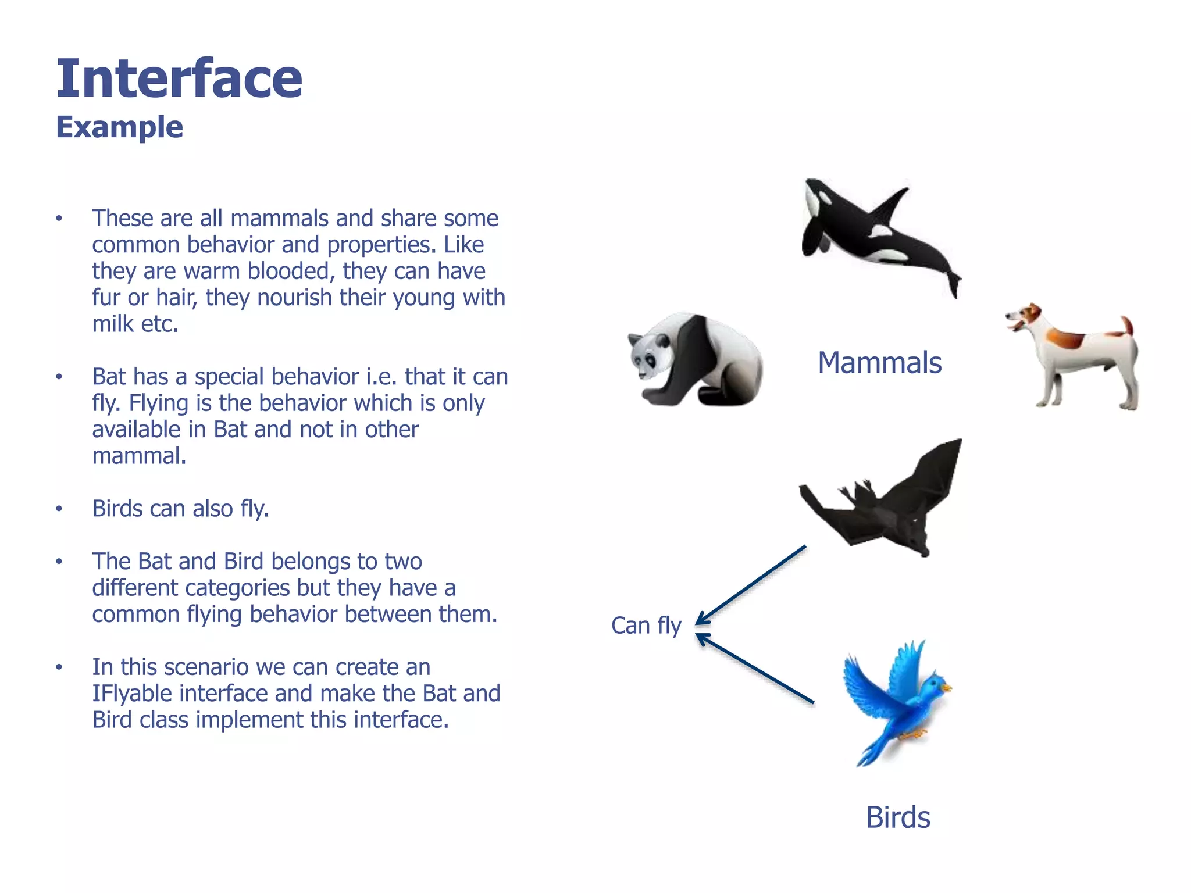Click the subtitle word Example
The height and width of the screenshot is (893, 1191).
(119, 127)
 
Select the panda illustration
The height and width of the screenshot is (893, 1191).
(695, 360)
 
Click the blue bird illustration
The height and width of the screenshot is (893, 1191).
(896, 701)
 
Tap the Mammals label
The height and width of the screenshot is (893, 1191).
(879, 363)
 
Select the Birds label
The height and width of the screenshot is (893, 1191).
(898, 817)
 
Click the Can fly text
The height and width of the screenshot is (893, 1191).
(646, 626)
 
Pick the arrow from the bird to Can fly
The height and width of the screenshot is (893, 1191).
(756, 669)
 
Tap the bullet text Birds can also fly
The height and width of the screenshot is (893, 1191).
(180, 509)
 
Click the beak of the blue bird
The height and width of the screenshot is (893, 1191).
(947, 688)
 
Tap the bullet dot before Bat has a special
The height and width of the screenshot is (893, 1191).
(59, 377)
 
